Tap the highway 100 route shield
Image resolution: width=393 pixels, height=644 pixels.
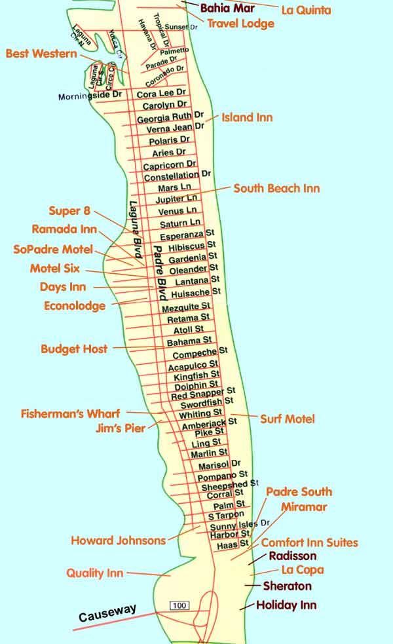(x=179, y=605)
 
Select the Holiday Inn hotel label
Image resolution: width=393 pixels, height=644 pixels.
(x=286, y=605)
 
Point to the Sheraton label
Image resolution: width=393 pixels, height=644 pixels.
(x=287, y=586)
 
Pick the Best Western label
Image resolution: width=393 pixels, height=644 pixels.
(x=41, y=54)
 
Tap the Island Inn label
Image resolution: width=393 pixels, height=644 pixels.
(x=247, y=117)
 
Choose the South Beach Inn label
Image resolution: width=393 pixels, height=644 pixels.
(x=276, y=189)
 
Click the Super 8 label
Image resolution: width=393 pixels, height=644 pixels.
(x=69, y=211)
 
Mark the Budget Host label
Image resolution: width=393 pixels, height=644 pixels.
(x=74, y=349)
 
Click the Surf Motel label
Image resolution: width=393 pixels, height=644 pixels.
(x=288, y=419)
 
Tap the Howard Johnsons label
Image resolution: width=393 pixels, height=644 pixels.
(x=119, y=540)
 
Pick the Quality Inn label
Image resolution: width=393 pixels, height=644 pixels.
(x=95, y=573)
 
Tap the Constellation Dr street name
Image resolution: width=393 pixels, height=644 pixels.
(x=177, y=176)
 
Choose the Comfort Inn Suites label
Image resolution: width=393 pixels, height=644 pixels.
(x=309, y=542)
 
